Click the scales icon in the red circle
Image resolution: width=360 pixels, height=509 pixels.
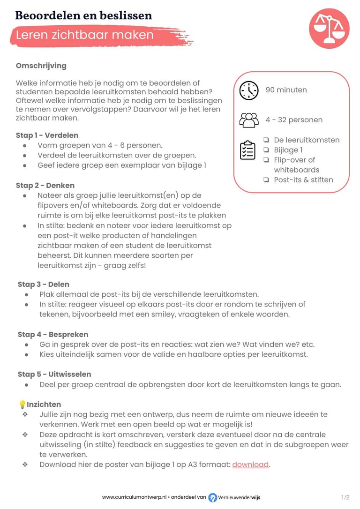click(x=329, y=28)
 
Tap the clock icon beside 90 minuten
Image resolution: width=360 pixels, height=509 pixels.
click(x=249, y=90)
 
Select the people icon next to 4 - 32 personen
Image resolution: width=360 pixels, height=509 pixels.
click(x=249, y=120)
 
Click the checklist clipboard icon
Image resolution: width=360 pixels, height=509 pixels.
click(x=248, y=150)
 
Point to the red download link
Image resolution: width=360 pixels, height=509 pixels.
click(x=250, y=464)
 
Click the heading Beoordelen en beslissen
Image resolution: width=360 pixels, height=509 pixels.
click(x=83, y=15)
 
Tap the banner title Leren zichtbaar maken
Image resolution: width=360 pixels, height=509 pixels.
click(x=85, y=35)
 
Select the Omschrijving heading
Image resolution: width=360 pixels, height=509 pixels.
click(x=41, y=66)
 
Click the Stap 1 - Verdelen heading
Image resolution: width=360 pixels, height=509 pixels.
click(x=47, y=135)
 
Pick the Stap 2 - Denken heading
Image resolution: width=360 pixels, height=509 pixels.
click(x=45, y=186)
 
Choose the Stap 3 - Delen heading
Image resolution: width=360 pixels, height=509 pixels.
click(x=44, y=284)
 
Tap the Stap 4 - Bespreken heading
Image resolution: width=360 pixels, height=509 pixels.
click(x=53, y=335)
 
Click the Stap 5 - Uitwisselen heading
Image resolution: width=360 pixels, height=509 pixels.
click(x=54, y=374)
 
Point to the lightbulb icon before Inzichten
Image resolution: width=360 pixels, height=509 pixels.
click(x=22, y=404)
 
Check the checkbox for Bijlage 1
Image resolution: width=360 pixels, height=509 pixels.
click(x=266, y=150)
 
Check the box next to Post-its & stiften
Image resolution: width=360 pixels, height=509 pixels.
click(x=266, y=180)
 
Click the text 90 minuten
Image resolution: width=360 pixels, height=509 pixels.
click(x=286, y=90)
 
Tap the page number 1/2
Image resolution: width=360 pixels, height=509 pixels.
click(x=345, y=497)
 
